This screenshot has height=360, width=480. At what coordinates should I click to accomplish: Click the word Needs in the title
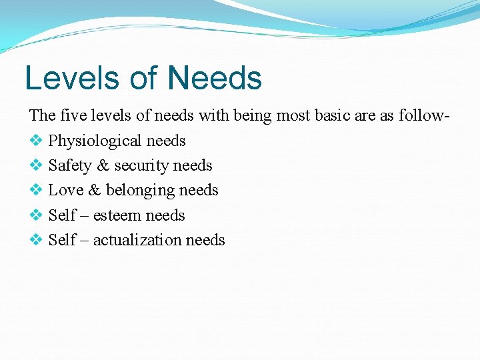pyautogui.click(x=215, y=78)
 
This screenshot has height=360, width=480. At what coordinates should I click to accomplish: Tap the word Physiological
pyautogui.click(x=95, y=141)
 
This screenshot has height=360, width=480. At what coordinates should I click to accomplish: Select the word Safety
pyautogui.click(x=69, y=166)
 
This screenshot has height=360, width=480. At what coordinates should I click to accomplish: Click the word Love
pyautogui.click(x=65, y=191)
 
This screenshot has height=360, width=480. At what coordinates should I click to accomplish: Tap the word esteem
pyautogui.click(x=117, y=216)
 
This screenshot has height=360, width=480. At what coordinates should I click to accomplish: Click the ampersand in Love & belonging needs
pyautogui.click(x=93, y=191)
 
